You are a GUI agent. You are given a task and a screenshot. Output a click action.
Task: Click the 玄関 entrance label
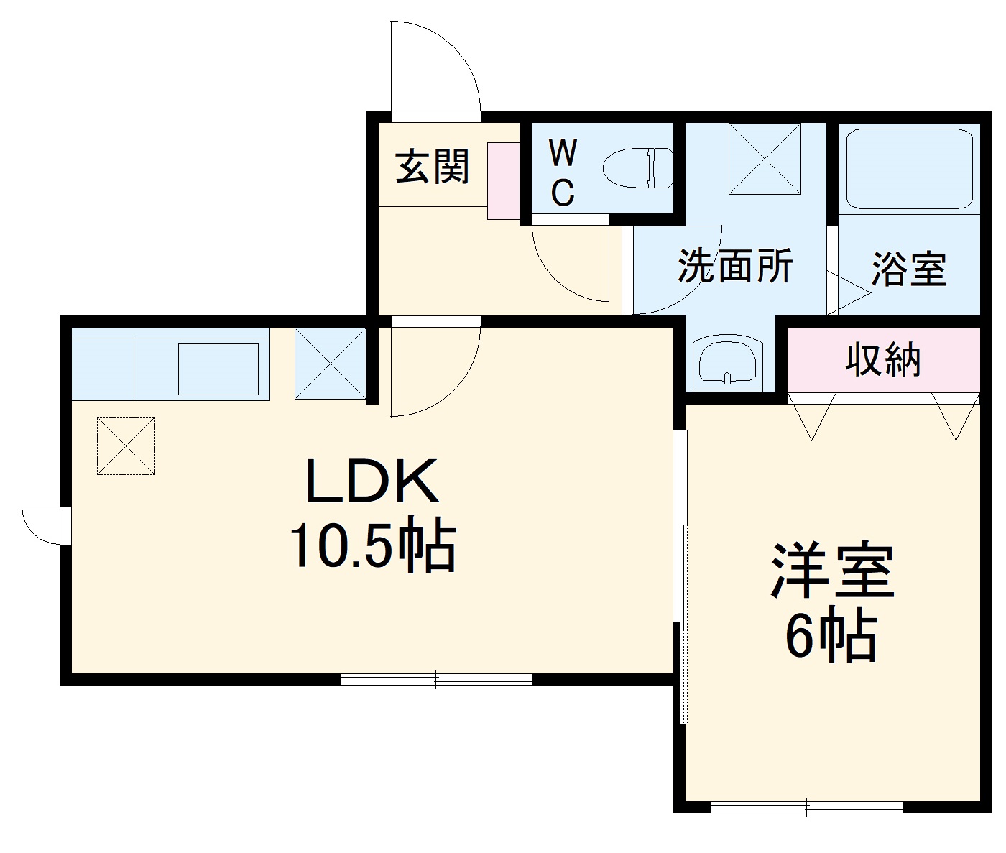[433, 167]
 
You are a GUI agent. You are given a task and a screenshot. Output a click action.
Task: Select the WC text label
[563, 172]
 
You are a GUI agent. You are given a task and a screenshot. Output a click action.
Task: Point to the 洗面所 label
[735, 266]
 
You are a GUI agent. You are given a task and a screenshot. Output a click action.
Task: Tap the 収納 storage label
[882, 359]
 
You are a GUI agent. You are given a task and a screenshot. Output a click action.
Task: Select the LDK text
[372, 481]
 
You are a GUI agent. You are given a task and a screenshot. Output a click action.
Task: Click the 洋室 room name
[832, 571]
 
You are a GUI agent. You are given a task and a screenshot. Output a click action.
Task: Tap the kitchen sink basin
[218, 369]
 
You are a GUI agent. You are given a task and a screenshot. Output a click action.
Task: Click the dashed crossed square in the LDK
[126, 446]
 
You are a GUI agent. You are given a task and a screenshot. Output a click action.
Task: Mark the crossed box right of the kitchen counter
[331, 363]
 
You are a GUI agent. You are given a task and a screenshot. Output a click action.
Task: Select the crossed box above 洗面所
[764, 158]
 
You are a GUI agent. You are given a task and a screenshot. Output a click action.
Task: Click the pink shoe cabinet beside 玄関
[503, 180]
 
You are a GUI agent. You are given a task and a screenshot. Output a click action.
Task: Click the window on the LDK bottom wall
[435, 678]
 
